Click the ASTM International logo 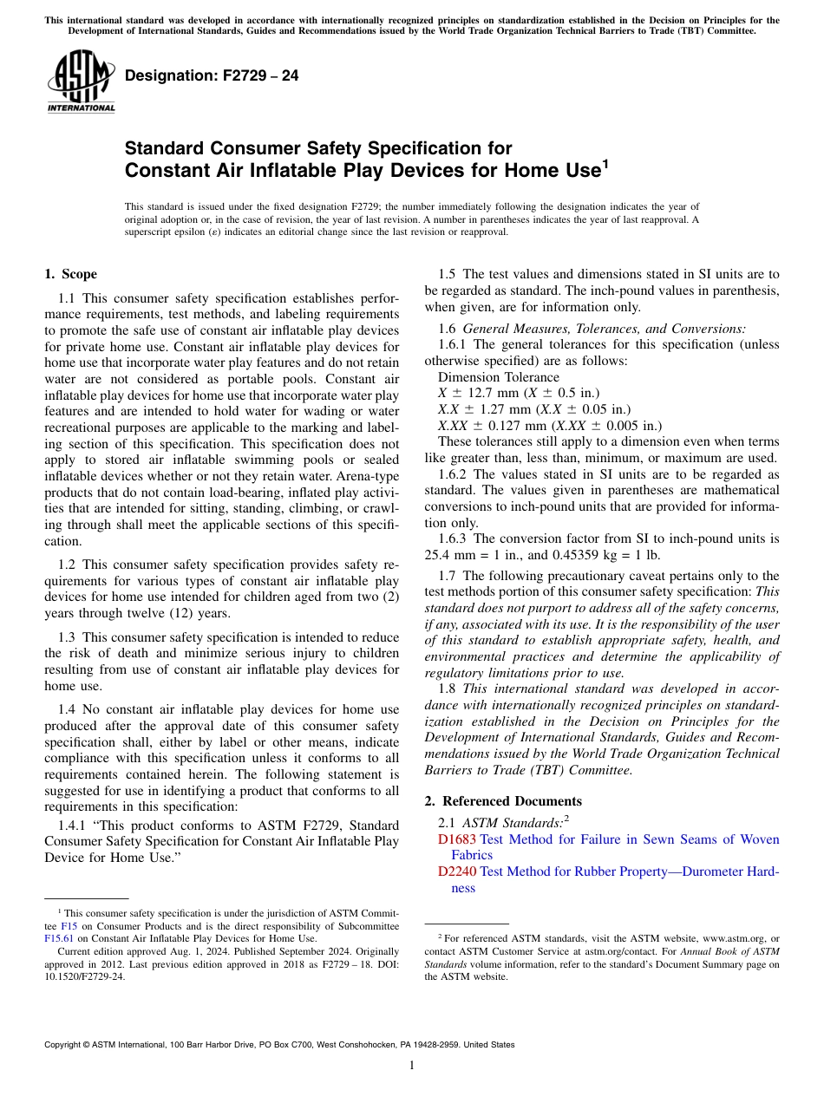point(80,84)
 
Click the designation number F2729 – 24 point(212,76)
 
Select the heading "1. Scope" point(70,275)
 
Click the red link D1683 point(457,839)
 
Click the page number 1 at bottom point(412,1066)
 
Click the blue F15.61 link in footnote point(58,938)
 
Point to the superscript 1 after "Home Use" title point(605,162)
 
